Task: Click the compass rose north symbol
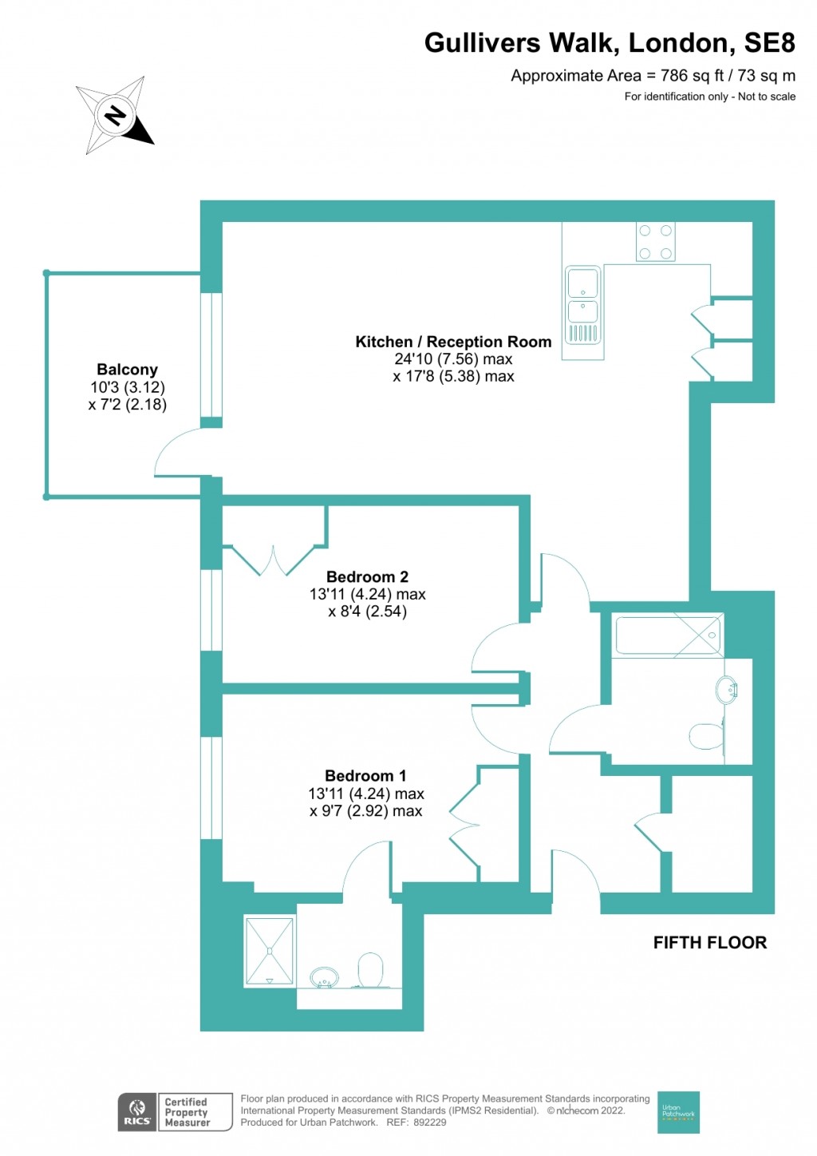[x=116, y=116]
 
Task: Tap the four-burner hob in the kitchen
[x=655, y=242]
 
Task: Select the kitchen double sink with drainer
[x=582, y=305]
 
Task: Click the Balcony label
[x=127, y=370]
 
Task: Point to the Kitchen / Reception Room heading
[x=453, y=342]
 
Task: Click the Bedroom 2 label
[x=367, y=576]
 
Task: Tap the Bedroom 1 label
[x=365, y=776]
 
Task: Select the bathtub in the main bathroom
[x=669, y=635]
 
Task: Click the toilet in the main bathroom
[x=705, y=736]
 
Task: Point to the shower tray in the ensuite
[x=270, y=951]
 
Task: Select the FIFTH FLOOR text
[x=709, y=943]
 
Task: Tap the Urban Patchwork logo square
[x=678, y=1112]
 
